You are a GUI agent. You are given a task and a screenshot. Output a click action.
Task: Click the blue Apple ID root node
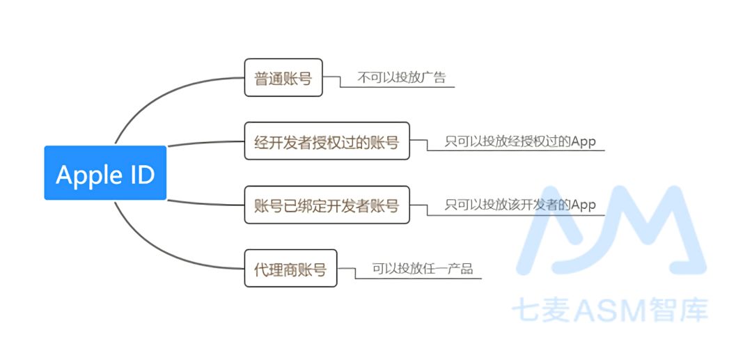coord(105,173)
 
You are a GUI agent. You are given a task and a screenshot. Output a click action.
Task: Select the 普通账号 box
coord(283,77)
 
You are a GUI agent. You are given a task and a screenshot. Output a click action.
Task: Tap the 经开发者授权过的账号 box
coord(327,141)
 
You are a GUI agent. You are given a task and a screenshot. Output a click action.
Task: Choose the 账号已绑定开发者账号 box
coord(327,205)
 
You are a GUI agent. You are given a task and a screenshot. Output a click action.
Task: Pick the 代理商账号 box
coord(290,268)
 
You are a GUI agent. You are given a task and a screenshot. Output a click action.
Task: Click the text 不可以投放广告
coord(402,77)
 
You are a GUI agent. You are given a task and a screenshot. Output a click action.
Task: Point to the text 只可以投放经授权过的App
coord(520,141)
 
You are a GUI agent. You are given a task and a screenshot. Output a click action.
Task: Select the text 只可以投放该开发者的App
coord(520,205)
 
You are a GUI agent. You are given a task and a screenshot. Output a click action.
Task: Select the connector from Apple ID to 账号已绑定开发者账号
coord(205,203)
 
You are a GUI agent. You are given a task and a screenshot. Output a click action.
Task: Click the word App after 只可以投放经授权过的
coord(583,141)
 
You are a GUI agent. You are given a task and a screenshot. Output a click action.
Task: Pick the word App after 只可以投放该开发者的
coord(583,205)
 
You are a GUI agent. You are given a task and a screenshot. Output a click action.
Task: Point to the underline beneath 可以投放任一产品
coord(418,279)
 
